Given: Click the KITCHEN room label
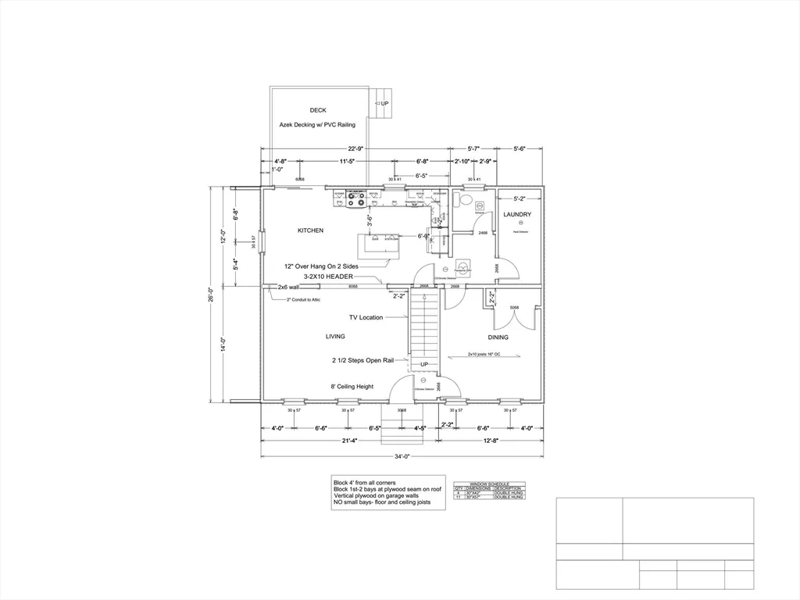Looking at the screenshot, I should click(310, 230).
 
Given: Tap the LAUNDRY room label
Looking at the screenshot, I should click(517, 214).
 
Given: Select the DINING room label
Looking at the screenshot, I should click(498, 337).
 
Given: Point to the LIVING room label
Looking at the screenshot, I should click(335, 337).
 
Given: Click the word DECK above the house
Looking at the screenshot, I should click(317, 110).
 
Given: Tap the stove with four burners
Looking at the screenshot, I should click(356, 201).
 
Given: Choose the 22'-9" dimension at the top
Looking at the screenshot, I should click(355, 148).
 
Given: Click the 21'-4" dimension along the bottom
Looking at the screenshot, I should click(348, 441).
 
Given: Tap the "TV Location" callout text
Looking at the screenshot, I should click(366, 317).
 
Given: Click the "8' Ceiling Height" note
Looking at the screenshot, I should click(352, 386).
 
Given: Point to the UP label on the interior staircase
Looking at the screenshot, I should click(424, 365).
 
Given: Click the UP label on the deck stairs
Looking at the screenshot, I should click(384, 103).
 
